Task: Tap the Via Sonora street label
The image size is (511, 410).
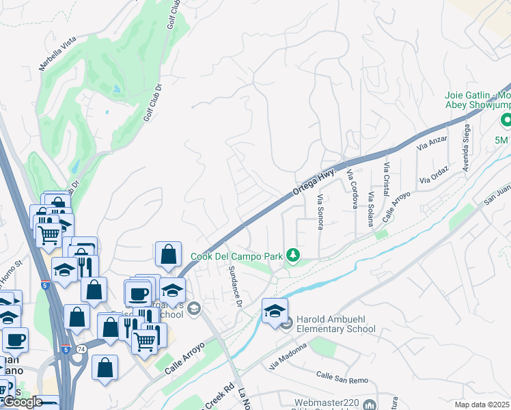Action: (x=320, y=212)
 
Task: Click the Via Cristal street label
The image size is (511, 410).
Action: (x=386, y=176)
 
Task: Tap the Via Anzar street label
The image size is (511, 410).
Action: (x=432, y=143)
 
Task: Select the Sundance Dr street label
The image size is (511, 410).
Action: (x=236, y=286)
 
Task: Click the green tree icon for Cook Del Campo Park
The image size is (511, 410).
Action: (x=293, y=256)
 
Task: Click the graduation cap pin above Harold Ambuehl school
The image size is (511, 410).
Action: (x=274, y=310)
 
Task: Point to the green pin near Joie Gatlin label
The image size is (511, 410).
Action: (x=506, y=121)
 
